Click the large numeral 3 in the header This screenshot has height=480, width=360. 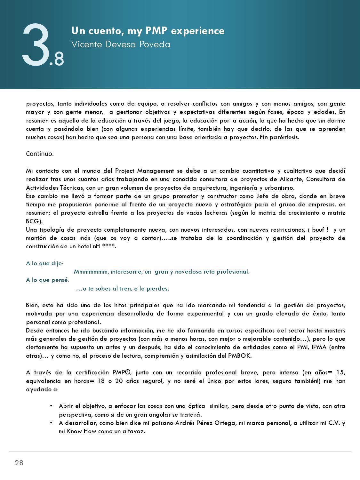pos(35,46)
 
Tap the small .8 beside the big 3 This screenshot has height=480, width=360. pos(57,59)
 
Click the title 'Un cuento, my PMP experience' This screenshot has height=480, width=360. pos(148,31)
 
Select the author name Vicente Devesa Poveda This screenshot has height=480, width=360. pos(121,44)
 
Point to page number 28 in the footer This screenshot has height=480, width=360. pos(19,463)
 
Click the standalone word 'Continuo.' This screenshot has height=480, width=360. pos(40,154)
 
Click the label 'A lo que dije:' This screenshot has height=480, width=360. pos(44,263)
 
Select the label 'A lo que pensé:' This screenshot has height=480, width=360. pos(47,280)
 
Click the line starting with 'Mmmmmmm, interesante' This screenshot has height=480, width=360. pos(162,272)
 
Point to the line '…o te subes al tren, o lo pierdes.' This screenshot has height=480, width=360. pos(123,289)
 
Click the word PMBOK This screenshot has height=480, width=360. pos(240,356)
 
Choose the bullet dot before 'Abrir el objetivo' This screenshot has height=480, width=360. pos(51,406)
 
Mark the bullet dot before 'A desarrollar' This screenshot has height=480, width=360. pos(51,423)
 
